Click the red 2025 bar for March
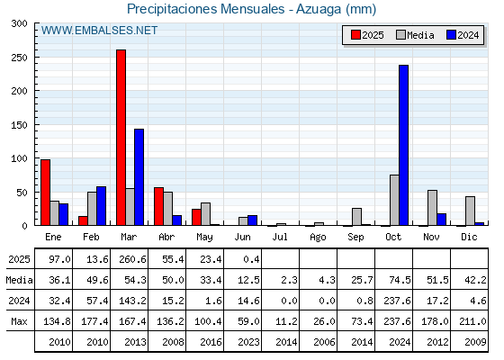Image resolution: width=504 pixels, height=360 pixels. [x=121, y=138]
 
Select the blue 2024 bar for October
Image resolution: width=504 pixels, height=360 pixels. [x=404, y=145]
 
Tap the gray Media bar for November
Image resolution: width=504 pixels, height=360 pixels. [x=432, y=208]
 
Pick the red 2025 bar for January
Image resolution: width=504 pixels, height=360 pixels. [x=45, y=193]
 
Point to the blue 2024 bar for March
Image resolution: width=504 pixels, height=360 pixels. [x=139, y=177]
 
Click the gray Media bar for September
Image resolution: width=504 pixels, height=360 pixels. [x=356, y=217]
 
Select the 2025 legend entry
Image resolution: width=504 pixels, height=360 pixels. [x=367, y=35]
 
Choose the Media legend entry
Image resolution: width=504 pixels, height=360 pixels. [x=415, y=35]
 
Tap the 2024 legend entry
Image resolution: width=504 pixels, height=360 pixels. [x=463, y=35]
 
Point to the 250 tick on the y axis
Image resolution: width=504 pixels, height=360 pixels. [x=19, y=58]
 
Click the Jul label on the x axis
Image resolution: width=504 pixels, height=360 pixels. [x=280, y=237]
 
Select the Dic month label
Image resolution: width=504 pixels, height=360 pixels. [x=469, y=237]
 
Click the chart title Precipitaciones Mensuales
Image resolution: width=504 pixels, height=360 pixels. [x=206, y=9]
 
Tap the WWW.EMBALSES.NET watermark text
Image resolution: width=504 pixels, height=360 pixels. [x=99, y=31]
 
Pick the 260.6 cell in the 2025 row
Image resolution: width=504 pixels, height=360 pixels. [x=133, y=259]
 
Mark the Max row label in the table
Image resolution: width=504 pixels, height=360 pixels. [x=19, y=321]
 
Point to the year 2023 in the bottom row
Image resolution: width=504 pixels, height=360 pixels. [x=248, y=342]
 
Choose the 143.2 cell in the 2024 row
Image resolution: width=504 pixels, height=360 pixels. [x=133, y=301]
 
